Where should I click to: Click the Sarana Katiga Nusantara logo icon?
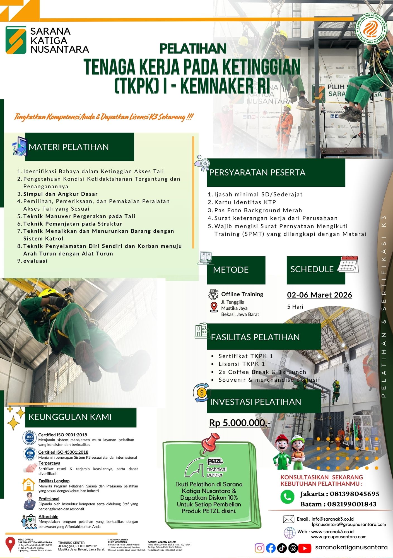(16, 40)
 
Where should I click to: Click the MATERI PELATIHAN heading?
(69, 147)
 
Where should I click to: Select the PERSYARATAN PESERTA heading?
(257, 172)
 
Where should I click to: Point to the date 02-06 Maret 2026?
(319, 295)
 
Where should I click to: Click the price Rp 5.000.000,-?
(240, 423)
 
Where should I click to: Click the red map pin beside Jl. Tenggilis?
(214, 307)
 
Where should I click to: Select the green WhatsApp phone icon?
(287, 497)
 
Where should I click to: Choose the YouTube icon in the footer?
(305, 548)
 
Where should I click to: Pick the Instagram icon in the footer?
(259, 548)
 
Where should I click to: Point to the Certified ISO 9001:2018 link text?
(62, 435)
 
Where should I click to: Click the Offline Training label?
(242, 294)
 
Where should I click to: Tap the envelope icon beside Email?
(288, 519)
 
